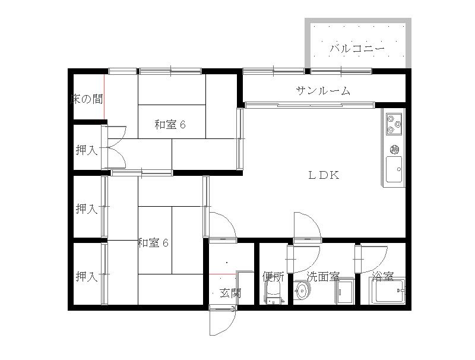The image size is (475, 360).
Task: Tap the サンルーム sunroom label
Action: pyautogui.click(x=323, y=91)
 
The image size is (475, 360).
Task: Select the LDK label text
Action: pyautogui.click(x=323, y=175)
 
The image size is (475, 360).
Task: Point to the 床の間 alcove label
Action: pyautogui.click(x=87, y=99)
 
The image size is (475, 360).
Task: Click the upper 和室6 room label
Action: pyautogui.click(x=170, y=125)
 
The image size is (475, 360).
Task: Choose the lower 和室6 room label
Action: pyautogui.click(x=154, y=242)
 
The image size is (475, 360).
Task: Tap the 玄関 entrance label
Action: pyautogui.click(x=230, y=292)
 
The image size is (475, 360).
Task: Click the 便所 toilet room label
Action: pyautogui.click(x=273, y=276)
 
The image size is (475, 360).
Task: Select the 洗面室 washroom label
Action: pyautogui.click(x=322, y=276)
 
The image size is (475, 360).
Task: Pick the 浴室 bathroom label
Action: pyautogui.click(x=383, y=276)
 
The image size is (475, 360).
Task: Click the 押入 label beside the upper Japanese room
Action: pyautogui.click(x=87, y=150)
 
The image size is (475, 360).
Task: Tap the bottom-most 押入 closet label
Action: pyautogui.click(x=87, y=276)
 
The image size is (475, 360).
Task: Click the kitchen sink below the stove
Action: pyautogui.click(x=394, y=169)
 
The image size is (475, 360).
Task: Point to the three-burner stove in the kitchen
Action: pyautogui.click(x=394, y=124)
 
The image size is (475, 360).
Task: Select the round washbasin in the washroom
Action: pyautogui.click(x=302, y=291)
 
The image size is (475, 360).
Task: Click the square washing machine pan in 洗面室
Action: pyautogui.click(x=344, y=292)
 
